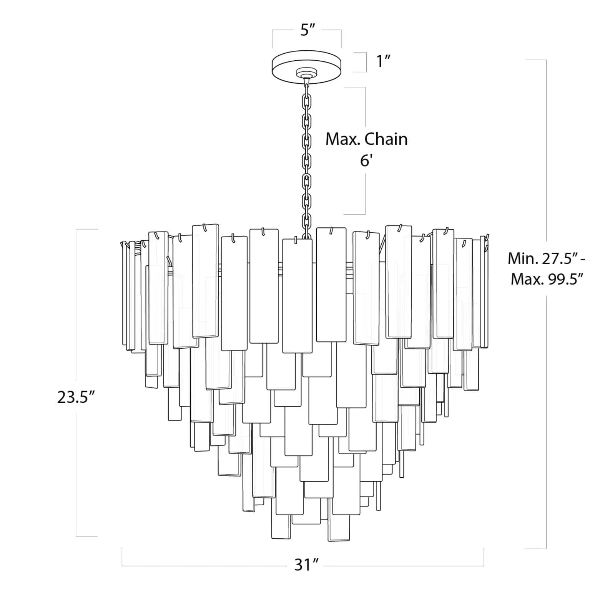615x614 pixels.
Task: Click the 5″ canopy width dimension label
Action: click(x=307, y=30)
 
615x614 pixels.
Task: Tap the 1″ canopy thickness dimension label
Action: click(x=383, y=61)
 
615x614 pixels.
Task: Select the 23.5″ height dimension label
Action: click(x=76, y=397)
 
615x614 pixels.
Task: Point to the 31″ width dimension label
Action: click(x=306, y=565)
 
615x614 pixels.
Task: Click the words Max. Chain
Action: click(x=366, y=139)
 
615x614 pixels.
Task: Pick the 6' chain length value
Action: click(x=366, y=161)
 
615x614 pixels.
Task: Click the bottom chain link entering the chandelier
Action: click(x=307, y=233)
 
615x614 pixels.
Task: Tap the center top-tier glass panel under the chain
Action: click(x=297, y=296)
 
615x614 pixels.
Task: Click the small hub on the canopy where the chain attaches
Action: click(x=306, y=73)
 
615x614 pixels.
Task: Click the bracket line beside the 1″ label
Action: click(x=366, y=62)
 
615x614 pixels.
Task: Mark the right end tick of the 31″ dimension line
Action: click(x=484, y=557)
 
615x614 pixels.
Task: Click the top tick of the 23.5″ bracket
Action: click(x=87, y=229)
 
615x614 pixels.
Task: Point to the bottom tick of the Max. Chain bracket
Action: click(x=354, y=214)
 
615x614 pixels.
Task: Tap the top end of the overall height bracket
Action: click(x=535, y=60)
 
